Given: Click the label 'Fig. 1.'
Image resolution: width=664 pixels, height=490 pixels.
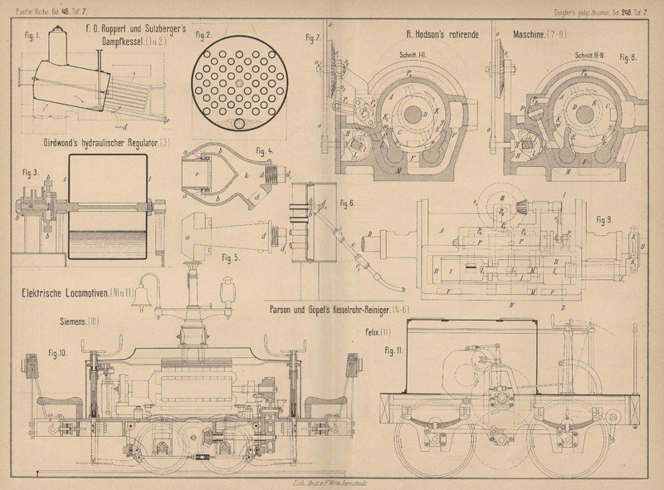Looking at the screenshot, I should click(x=33, y=37).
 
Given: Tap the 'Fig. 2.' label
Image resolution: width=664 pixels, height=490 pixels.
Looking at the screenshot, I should click(x=203, y=36).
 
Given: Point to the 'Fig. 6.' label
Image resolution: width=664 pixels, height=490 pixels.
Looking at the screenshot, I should click(x=347, y=203).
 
